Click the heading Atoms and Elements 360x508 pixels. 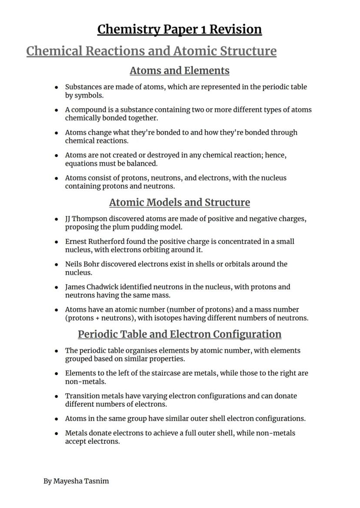click(180, 70)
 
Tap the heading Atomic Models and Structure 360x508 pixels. click(180, 203)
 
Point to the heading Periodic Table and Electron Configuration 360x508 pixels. click(180, 334)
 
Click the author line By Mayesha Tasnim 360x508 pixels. click(76, 481)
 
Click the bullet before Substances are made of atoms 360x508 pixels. click(57, 87)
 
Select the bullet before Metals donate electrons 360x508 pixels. click(57, 434)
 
